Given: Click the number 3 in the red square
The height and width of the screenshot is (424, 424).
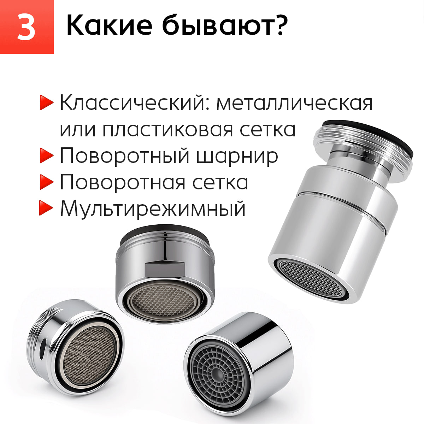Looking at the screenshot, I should click(x=26, y=27).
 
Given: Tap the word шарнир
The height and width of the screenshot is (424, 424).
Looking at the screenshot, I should click(x=237, y=156).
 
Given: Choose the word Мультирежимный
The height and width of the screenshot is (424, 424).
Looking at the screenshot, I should click(x=153, y=208).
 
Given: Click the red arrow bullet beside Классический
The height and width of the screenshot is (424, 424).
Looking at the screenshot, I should click(x=46, y=103).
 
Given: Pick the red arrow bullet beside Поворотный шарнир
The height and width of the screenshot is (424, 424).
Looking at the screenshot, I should click(x=46, y=155).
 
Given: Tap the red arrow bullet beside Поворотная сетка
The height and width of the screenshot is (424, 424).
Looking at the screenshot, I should click(x=46, y=182).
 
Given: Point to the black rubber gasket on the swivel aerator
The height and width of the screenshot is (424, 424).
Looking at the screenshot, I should click(x=371, y=134).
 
